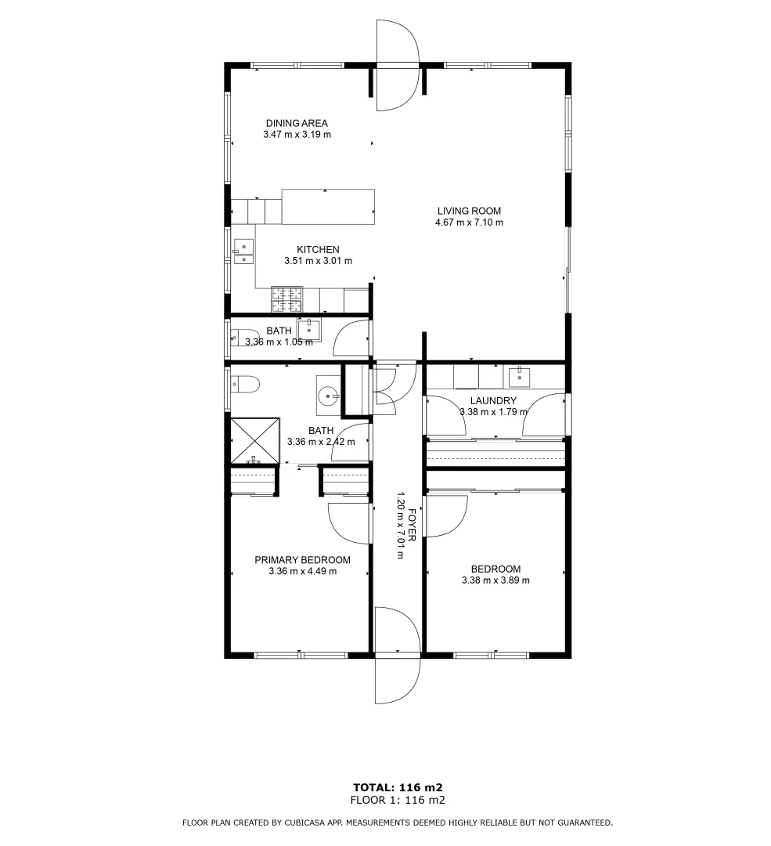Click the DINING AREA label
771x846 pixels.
click(296, 123)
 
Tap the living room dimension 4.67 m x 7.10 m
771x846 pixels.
click(468, 222)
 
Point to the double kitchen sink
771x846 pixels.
click(243, 251)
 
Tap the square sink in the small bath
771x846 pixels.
click(309, 330)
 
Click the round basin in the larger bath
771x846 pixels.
click(328, 393)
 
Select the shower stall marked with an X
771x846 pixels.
click(254, 440)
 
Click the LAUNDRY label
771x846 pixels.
click(492, 400)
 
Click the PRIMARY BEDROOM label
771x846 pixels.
click(302, 560)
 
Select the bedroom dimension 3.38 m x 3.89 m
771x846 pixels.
click(495, 580)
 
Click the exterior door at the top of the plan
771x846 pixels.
click(398, 64)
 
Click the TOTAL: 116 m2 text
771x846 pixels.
click(398, 787)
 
